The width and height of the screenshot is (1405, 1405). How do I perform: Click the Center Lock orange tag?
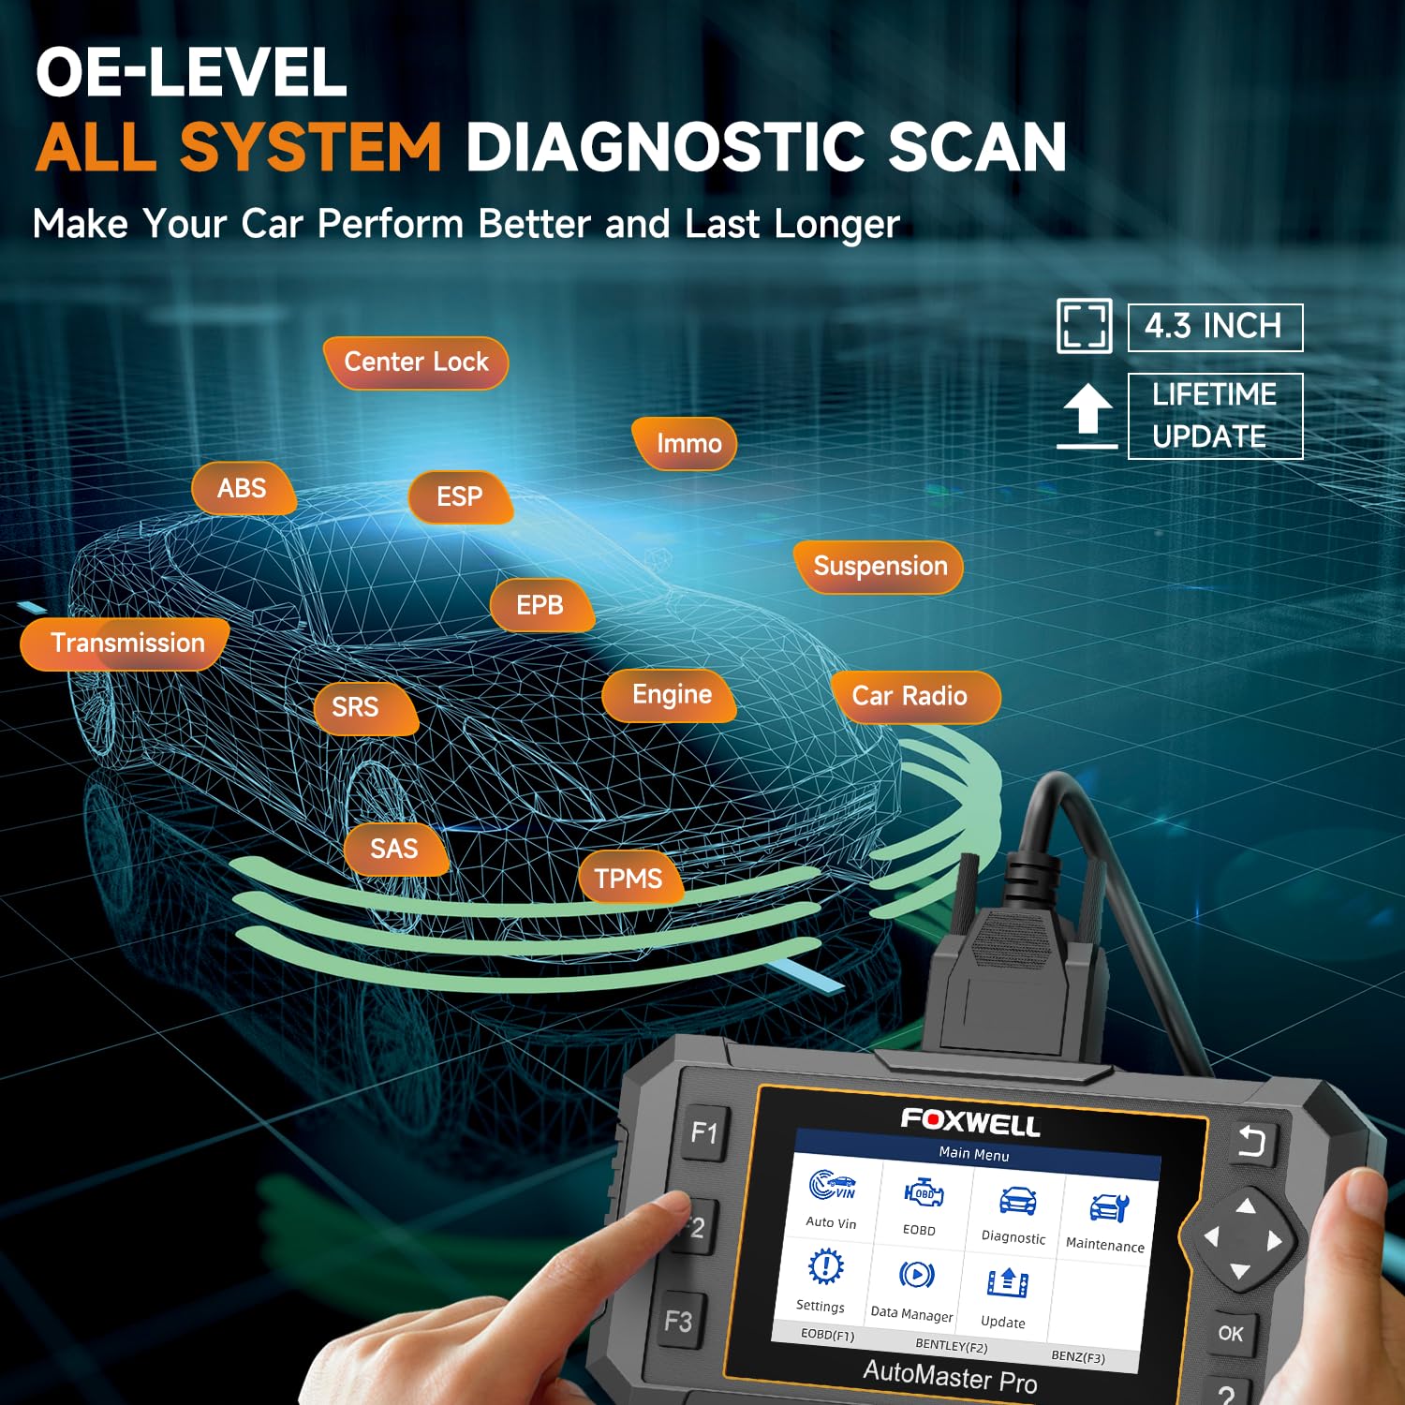(x=416, y=362)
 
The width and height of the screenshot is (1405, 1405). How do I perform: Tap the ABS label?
(x=244, y=488)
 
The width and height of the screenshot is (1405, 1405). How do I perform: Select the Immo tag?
(x=685, y=443)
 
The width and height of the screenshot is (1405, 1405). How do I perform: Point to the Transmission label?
(x=126, y=643)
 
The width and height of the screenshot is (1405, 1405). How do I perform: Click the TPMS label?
(x=629, y=878)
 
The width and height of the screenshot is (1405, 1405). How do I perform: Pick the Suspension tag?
(x=879, y=567)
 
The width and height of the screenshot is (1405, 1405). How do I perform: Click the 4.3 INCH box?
(x=1215, y=327)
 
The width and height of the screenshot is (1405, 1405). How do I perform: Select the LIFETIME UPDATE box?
(x=1215, y=416)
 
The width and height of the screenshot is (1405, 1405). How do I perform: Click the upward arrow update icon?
(x=1087, y=416)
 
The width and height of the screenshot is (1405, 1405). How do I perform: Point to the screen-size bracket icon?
(x=1085, y=326)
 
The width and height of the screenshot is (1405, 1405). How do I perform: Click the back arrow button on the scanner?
(x=1252, y=1142)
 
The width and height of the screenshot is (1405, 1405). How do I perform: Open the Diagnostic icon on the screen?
(x=1015, y=1203)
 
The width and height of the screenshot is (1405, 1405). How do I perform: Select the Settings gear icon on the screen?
(x=825, y=1266)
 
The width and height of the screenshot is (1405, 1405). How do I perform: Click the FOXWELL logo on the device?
(x=970, y=1121)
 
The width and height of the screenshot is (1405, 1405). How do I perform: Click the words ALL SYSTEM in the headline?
(x=239, y=147)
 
